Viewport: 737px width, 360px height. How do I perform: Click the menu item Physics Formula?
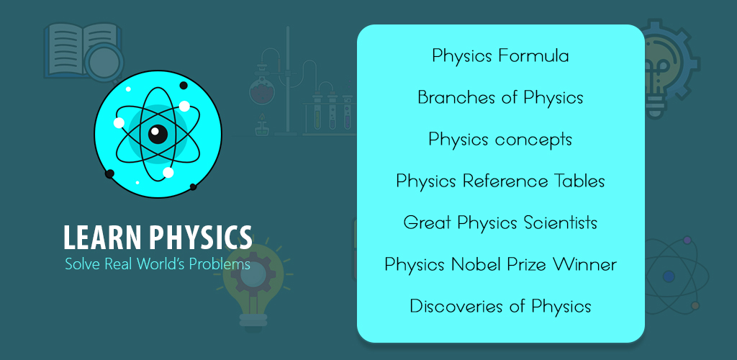500,56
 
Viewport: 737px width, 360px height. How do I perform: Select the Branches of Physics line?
500,98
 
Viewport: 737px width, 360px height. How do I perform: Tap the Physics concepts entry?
500,140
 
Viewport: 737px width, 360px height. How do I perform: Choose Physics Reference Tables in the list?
500,181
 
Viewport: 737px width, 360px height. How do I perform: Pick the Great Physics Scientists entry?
500,222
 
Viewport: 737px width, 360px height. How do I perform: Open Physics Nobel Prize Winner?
500,264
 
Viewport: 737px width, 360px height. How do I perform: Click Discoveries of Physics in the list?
500,306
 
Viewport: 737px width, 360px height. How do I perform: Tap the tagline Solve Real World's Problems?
158,264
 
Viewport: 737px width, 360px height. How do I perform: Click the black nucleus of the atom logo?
158,134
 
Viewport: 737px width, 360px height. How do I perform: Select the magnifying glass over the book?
104,65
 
